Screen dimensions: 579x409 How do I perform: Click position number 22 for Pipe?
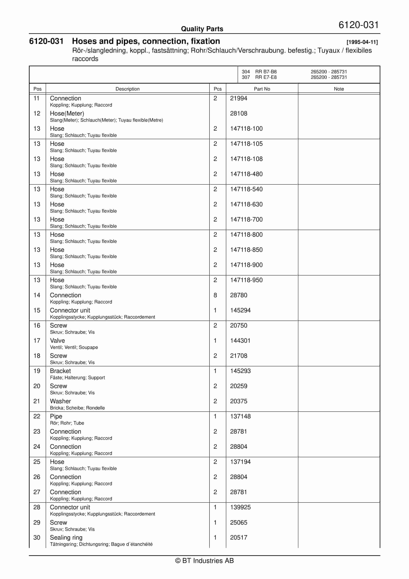[x=37, y=416]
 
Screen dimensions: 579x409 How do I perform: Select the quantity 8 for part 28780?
[x=215, y=295]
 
